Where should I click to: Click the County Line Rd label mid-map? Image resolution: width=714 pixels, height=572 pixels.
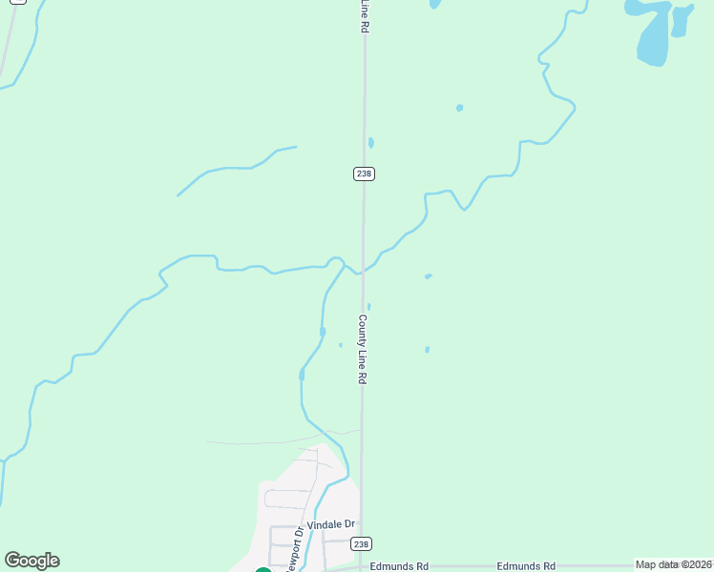pyautogui.click(x=363, y=349)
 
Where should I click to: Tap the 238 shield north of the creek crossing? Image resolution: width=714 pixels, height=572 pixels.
pyautogui.click(x=364, y=173)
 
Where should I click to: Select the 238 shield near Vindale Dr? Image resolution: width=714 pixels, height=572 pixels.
pyautogui.click(x=360, y=543)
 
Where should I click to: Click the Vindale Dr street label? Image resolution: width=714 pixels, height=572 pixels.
pyautogui.click(x=331, y=524)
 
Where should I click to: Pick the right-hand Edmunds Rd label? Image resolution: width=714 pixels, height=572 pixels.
pyautogui.click(x=526, y=566)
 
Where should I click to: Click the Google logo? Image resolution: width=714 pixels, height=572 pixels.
pyautogui.click(x=31, y=561)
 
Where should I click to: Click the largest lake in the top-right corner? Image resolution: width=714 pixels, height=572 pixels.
pyautogui.click(x=653, y=33)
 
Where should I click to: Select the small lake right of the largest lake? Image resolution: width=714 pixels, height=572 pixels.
pyautogui.click(x=682, y=19)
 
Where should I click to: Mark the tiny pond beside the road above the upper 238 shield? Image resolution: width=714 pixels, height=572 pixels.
pyautogui.click(x=370, y=143)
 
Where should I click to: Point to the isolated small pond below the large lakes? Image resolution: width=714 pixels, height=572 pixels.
pyautogui.click(x=459, y=108)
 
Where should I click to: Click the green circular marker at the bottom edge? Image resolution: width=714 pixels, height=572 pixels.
pyautogui.click(x=263, y=570)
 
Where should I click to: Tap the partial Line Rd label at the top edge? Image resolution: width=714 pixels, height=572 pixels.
pyautogui.click(x=364, y=15)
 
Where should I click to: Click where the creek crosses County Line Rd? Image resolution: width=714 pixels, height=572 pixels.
pyautogui.click(x=362, y=271)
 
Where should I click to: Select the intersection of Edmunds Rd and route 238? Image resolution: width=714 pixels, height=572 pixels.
pyautogui.click(x=361, y=566)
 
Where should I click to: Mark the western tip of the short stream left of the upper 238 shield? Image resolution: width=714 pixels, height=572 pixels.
pyautogui.click(x=178, y=195)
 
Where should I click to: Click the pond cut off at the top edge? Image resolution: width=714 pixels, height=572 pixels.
pyautogui.click(x=435, y=4)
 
